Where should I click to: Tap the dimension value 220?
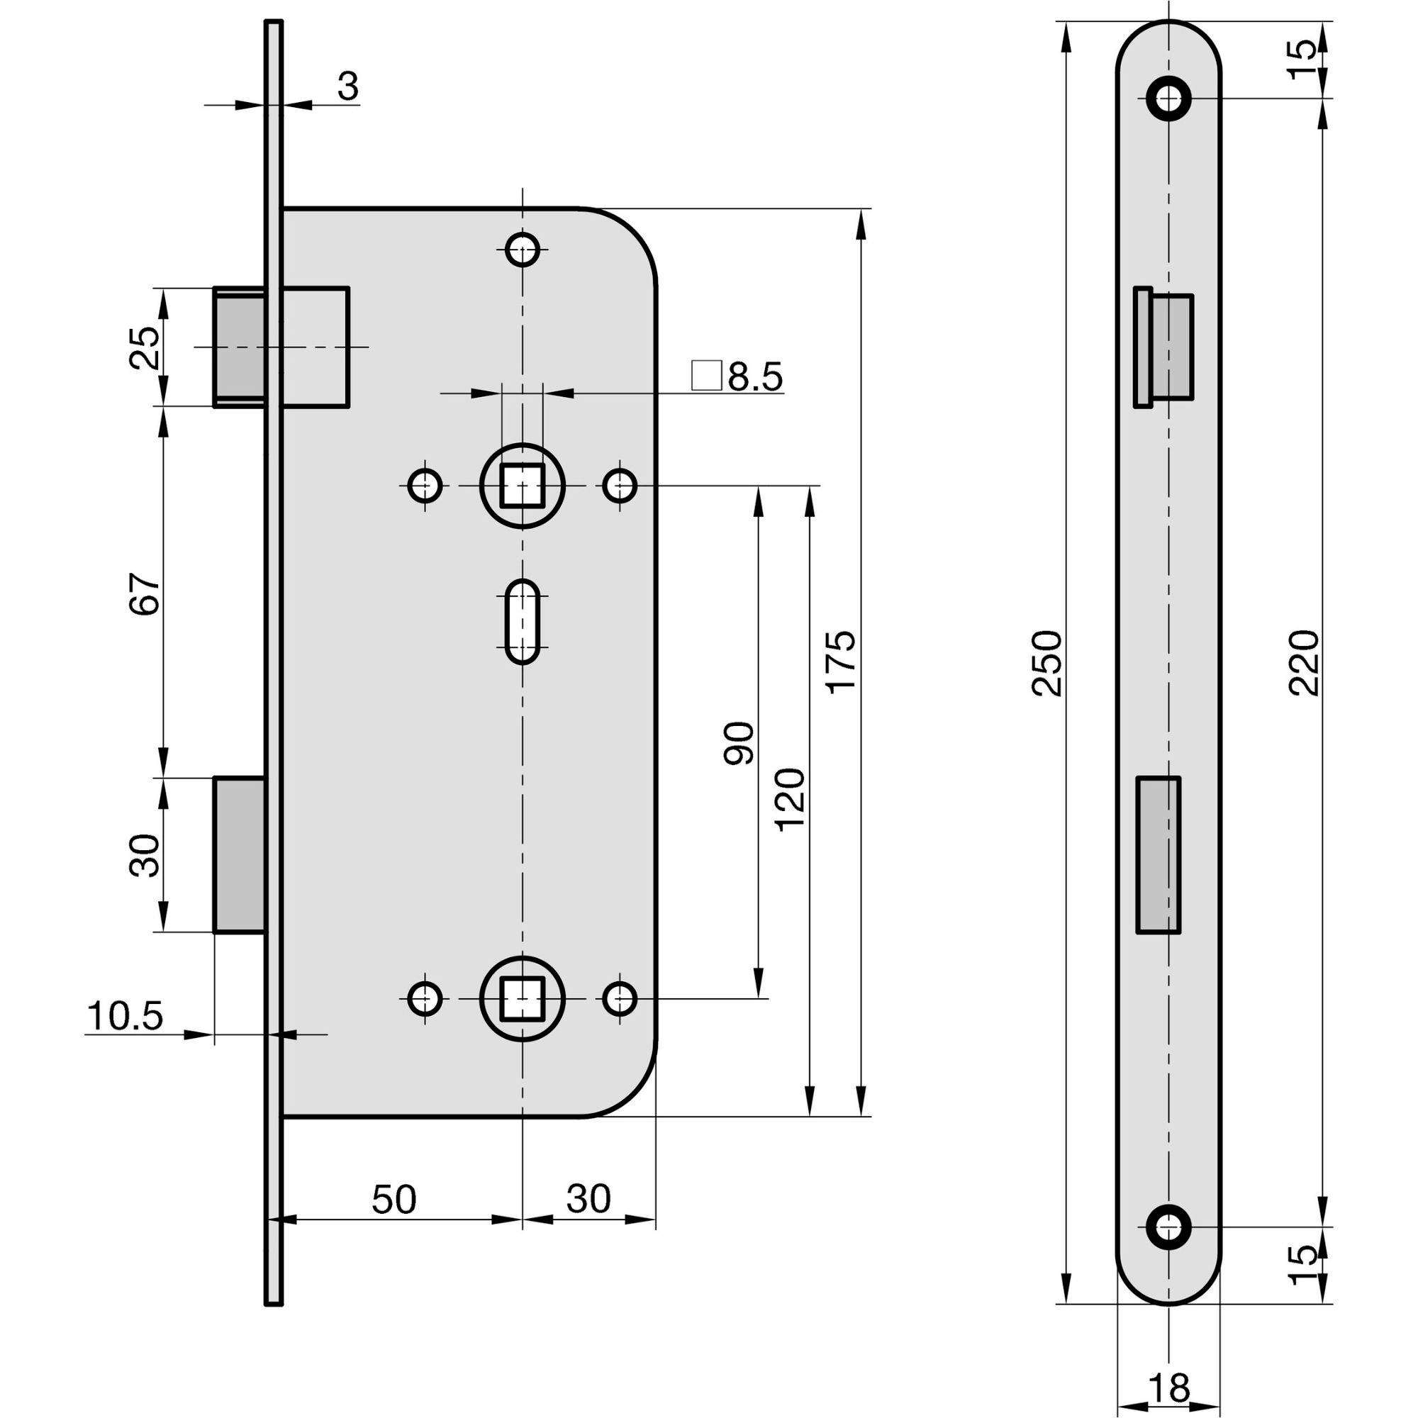1305,662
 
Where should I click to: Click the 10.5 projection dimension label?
125,1017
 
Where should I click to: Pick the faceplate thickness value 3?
348,87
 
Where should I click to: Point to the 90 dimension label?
739,744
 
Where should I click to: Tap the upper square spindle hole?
522,485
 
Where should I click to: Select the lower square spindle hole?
522,999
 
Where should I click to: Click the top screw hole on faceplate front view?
1168,98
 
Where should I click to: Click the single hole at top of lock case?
523,250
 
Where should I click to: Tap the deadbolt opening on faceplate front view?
1159,854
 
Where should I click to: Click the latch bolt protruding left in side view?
238,347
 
